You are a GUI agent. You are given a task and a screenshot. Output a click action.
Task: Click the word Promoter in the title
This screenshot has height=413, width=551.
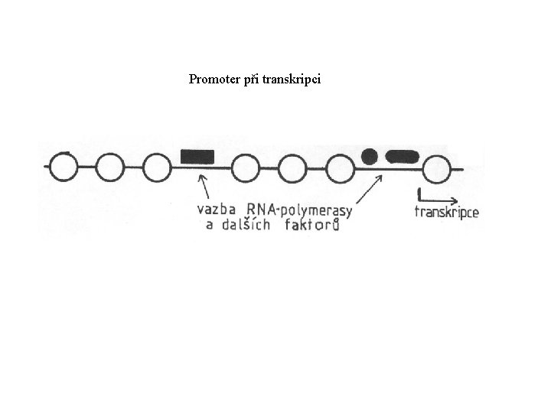point(213,79)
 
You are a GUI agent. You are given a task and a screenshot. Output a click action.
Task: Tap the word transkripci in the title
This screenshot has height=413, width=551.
point(292,79)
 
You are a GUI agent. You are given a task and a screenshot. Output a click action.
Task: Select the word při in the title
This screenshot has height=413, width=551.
point(249,79)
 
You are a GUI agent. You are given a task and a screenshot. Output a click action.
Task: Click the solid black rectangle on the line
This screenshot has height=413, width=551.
point(197,157)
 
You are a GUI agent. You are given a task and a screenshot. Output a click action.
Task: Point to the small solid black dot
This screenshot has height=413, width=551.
point(370,156)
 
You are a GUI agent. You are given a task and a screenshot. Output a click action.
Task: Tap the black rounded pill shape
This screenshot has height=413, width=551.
point(403,157)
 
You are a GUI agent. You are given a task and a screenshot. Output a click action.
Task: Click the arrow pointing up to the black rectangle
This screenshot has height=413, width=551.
point(204,187)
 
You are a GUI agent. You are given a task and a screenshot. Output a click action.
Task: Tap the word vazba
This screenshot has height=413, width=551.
point(219,209)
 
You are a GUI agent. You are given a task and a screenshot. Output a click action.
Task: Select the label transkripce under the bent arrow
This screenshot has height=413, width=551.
point(446,212)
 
